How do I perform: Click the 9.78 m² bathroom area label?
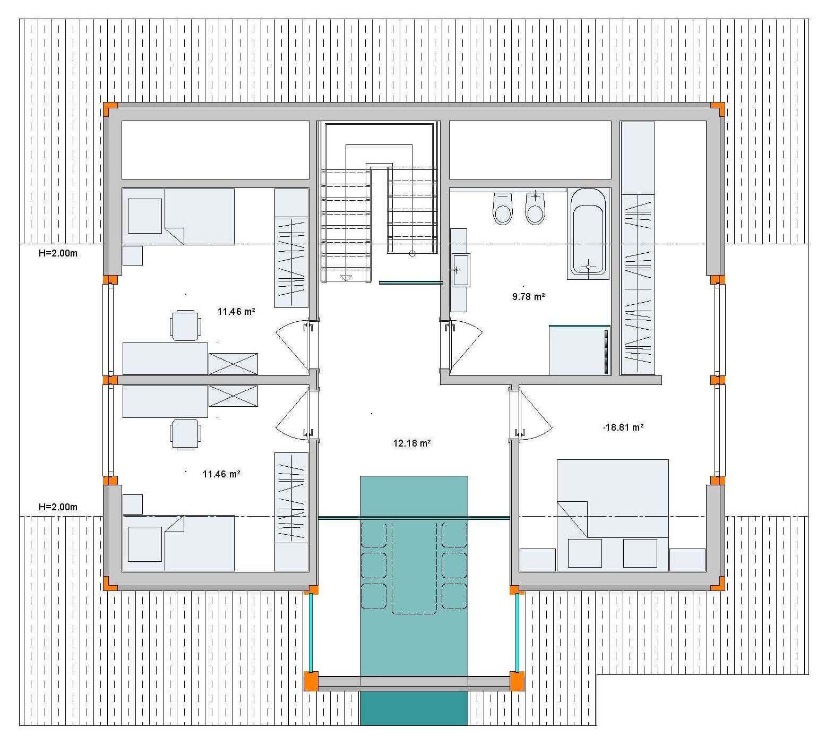point(528,297)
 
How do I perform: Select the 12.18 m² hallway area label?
point(411,443)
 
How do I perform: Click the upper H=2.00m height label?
point(58,253)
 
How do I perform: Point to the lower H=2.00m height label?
point(58,507)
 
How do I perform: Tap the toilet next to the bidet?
point(502,208)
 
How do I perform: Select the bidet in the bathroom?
point(535,208)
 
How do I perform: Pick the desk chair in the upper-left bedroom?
point(185,325)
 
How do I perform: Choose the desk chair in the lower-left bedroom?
point(185,434)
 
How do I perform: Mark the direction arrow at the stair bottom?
point(346,277)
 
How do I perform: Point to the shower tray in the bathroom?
point(579,350)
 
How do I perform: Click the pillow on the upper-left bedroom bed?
point(145,216)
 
